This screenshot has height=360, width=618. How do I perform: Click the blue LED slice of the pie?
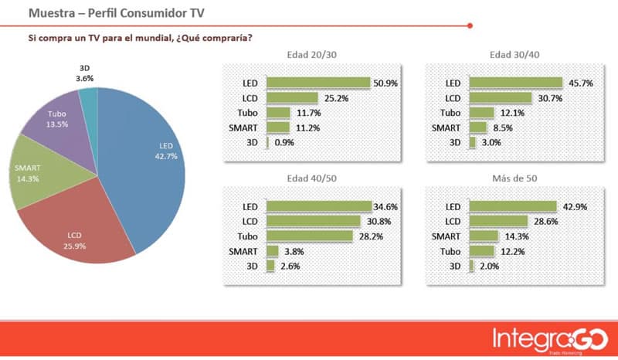click(151, 162)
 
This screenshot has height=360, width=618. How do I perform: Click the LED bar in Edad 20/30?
click(317, 83)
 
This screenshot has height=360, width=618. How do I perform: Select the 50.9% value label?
click(385, 83)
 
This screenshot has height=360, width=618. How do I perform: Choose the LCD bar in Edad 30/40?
click(500, 98)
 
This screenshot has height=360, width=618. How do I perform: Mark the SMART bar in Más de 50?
click(484, 236)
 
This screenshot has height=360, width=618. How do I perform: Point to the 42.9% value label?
click(570, 206)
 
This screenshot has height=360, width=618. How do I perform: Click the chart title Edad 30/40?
click(514, 55)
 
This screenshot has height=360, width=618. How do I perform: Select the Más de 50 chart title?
click(515, 179)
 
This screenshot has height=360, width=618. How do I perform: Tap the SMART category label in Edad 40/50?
click(244, 250)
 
